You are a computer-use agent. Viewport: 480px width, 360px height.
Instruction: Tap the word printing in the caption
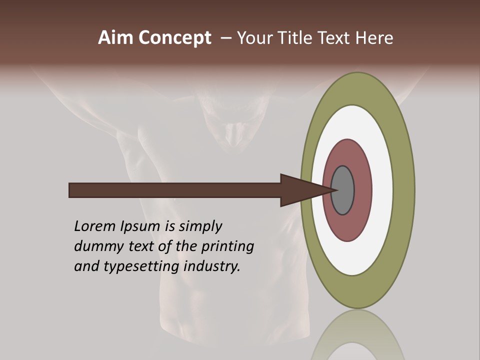227,246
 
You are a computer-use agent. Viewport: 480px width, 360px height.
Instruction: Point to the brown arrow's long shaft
175,190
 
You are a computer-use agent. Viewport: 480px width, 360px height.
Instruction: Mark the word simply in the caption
200,226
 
